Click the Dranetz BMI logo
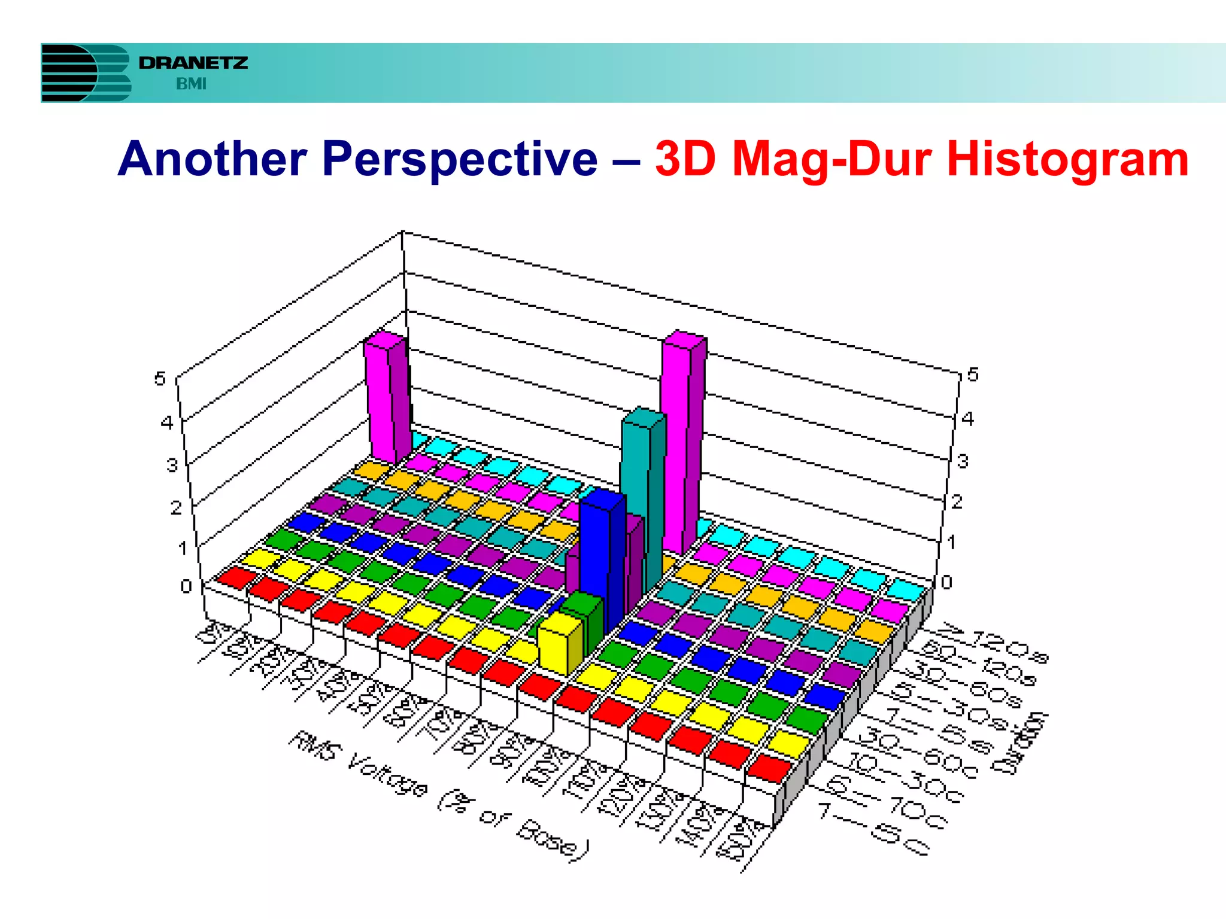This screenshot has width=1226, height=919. point(144,72)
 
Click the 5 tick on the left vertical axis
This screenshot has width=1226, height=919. point(159,378)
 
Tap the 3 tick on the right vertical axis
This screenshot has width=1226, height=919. point(963,461)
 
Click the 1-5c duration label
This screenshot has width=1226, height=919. point(874,829)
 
